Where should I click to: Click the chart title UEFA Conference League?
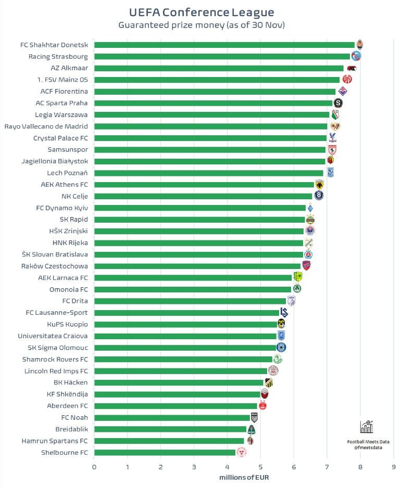click(x=201, y=12)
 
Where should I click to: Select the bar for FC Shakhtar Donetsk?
click(x=224, y=45)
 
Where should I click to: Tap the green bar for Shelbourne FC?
click(x=165, y=453)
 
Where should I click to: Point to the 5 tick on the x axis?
click(x=260, y=467)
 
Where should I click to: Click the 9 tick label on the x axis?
click(x=394, y=467)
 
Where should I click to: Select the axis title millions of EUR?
click(x=244, y=478)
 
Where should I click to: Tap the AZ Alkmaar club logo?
click(x=351, y=68)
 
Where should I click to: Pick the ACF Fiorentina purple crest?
click(x=342, y=91)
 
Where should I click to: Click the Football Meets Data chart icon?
click(x=367, y=427)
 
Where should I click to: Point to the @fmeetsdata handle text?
click(x=368, y=447)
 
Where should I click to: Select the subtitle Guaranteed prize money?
click(x=201, y=25)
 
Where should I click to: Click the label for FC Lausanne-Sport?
click(x=57, y=313)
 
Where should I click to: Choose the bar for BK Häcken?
click(x=179, y=382)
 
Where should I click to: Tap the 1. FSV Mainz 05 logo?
click(x=347, y=80)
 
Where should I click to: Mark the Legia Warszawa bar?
click(x=211, y=114)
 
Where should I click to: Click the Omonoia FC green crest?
click(x=297, y=289)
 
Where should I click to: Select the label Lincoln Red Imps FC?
click(x=56, y=371)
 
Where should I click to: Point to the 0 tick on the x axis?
click(x=94, y=467)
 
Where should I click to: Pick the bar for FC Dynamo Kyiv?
click(x=199, y=208)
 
